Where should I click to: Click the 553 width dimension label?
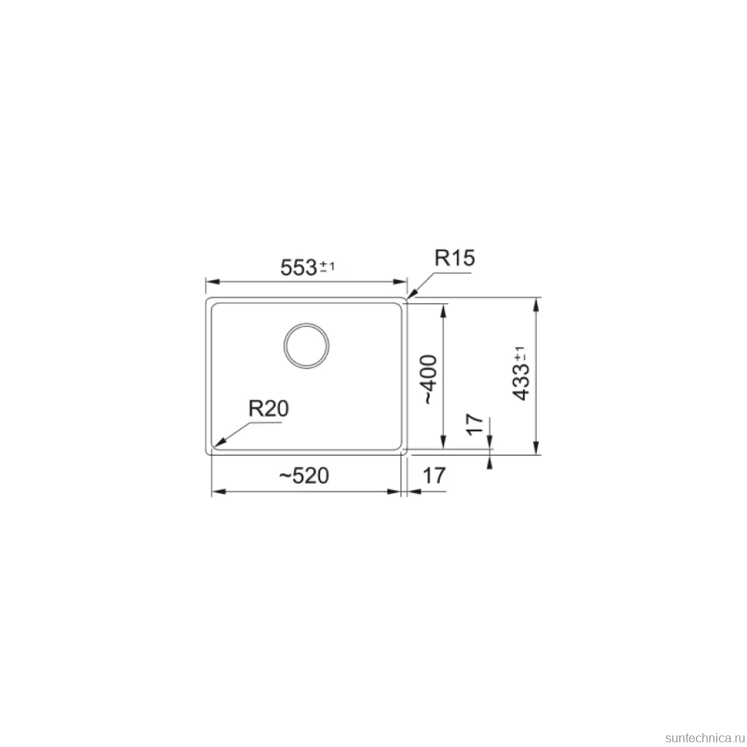coord(299,267)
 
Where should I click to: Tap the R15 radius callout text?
coord(454,258)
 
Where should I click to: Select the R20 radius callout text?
coord(269,408)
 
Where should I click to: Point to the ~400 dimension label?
coord(430,379)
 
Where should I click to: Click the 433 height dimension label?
coord(521,382)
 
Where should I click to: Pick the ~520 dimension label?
coord(304,475)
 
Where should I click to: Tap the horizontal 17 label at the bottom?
coord(434,475)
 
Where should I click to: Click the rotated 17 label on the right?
coord(474,424)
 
